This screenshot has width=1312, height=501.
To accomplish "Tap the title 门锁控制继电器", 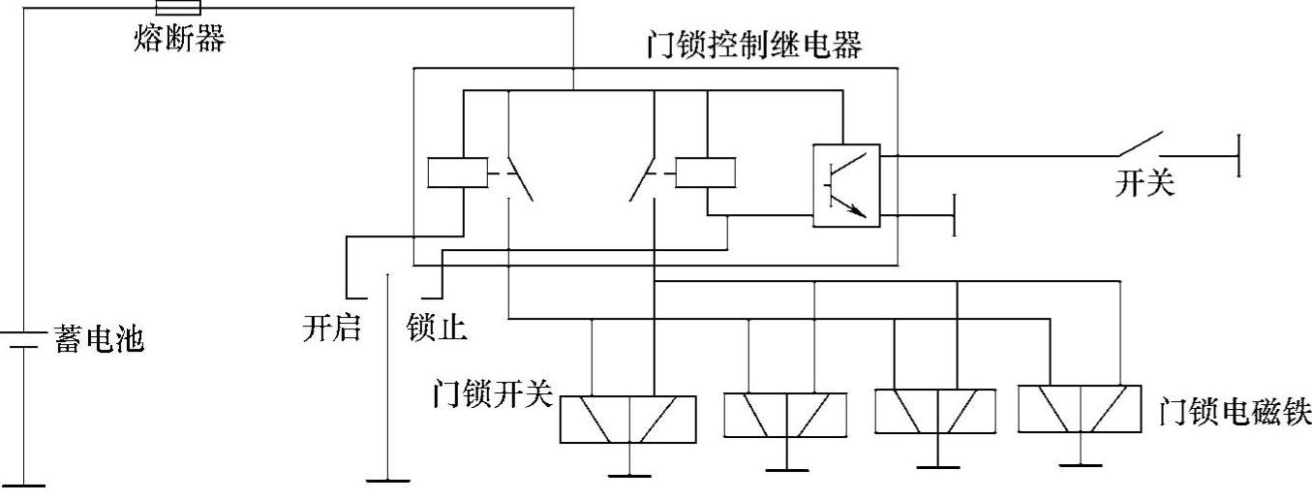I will pos(753,46).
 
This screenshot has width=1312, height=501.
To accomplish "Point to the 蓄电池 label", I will pos(100,340).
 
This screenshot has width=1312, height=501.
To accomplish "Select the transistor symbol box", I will pos(846,185).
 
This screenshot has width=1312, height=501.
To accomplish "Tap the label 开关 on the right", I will pos(1144,185).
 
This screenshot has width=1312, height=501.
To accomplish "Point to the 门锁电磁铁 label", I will pos(1235,414).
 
